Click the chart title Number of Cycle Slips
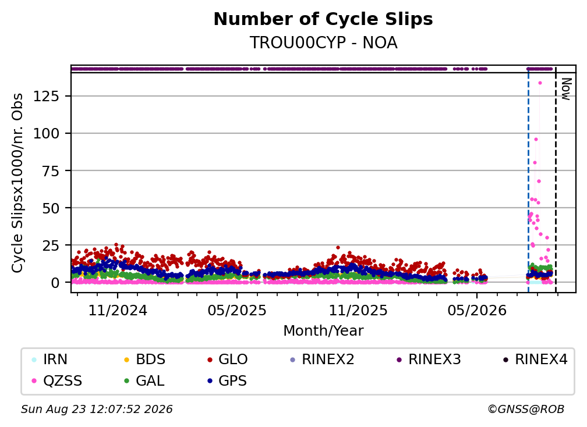tap(323, 19)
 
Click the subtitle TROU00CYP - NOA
tap(323, 43)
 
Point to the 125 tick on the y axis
tap(47, 97)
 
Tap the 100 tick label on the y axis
tap(47, 133)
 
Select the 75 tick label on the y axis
tap(51, 171)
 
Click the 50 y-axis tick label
tap(51, 208)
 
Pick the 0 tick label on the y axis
tap(55, 283)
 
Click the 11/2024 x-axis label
tap(118, 310)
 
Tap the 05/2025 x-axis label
tap(237, 310)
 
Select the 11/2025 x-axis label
tap(358, 310)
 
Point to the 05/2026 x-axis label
tap(476, 310)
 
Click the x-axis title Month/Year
tap(323, 331)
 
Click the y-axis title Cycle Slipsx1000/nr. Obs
tap(17, 183)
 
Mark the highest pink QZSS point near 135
tap(540, 83)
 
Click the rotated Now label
tap(567, 89)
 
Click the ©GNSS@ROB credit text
tap(526, 410)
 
